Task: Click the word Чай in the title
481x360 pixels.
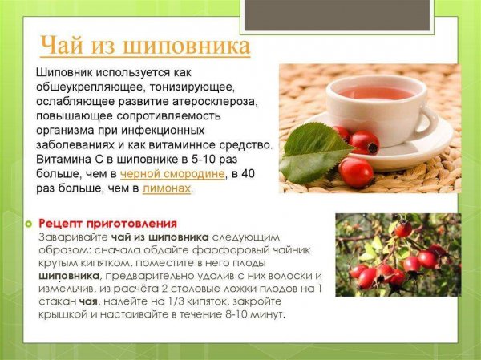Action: (63, 45)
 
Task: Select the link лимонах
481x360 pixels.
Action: (168, 188)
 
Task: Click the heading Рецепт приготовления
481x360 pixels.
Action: (107, 223)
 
